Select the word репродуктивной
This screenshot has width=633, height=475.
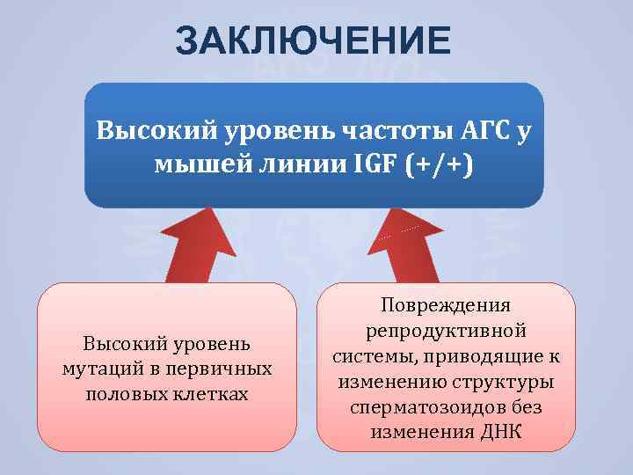[x=446, y=332]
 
